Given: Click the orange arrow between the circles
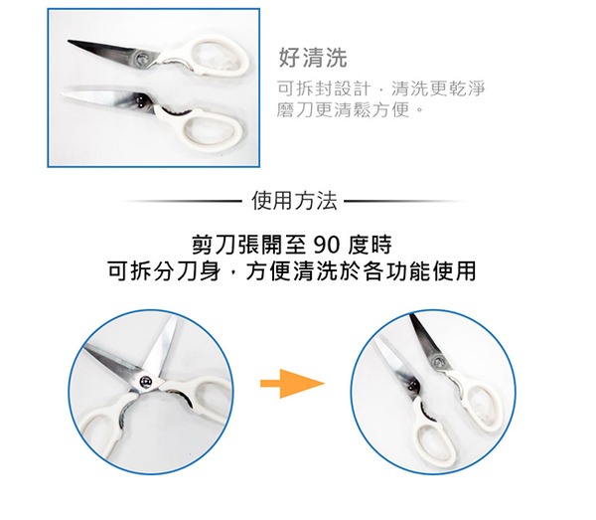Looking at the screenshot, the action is click(292, 384).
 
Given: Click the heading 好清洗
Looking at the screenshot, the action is click(313, 58).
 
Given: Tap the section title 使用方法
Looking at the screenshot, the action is click(295, 201).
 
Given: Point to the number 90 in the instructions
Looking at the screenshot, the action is click(327, 246).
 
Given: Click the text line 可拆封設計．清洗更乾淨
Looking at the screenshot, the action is click(381, 88).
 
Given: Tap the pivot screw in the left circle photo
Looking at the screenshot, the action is click(146, 382).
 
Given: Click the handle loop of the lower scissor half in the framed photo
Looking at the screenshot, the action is click(211, 128).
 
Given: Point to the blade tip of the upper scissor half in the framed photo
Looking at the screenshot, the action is click(68, 41).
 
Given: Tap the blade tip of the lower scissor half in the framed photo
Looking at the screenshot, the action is click(63, 91).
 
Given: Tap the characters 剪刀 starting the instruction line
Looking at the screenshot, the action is click(211, 246).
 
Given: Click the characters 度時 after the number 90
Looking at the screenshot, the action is click(370, 246).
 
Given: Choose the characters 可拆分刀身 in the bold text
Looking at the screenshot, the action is click(164, 271).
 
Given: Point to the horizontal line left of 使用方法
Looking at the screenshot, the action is click(183, 201).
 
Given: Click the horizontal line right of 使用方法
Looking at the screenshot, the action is click(403, 201).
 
